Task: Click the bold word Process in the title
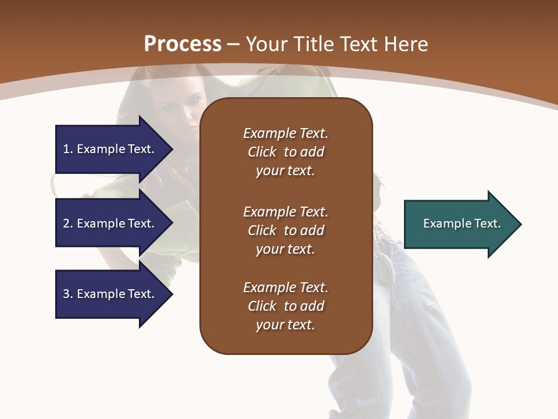tap(183, 44)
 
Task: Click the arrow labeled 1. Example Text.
tap(110, 149)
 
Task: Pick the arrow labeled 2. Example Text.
tap(110, 223)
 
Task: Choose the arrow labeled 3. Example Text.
tap(110, 294)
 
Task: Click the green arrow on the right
tap(459, 224)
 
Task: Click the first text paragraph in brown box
tap(285, 152)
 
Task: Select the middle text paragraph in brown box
tap(285, 230)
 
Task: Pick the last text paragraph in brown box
tap(285, 306)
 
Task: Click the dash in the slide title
tap(233, 44)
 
